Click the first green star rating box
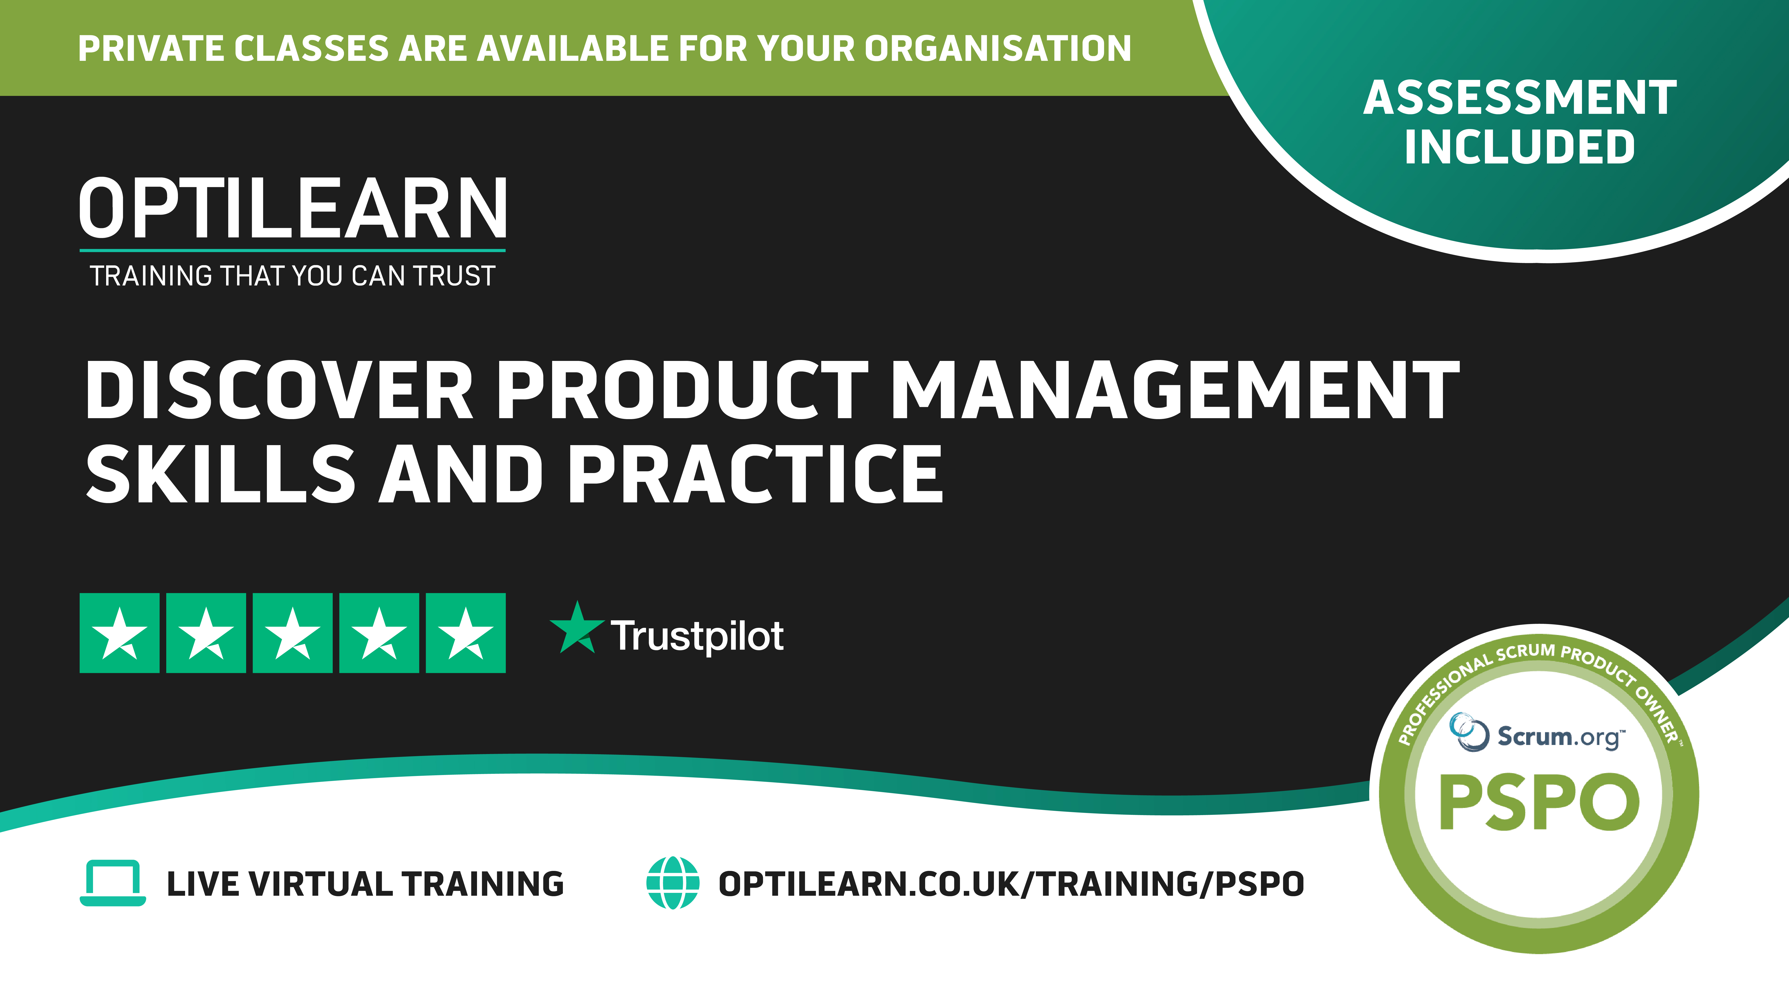[x=119, y=633]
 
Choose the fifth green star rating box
[x=465, y=633]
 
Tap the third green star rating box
[x=292, y=633]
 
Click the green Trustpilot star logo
[x=576, y=628]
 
